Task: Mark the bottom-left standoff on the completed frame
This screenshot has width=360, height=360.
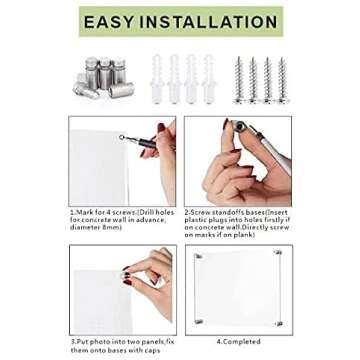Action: [x=197, y=319]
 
